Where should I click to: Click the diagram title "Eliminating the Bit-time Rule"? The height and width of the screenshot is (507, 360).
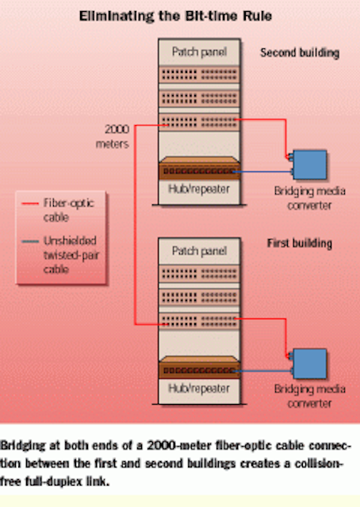click(175, 16)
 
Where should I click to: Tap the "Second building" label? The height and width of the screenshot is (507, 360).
click(300, 53)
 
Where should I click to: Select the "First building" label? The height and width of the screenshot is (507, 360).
click(300, 243)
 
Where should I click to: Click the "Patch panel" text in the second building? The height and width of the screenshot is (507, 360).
click(199, 51)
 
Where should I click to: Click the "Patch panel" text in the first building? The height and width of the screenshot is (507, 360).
click(199, 251)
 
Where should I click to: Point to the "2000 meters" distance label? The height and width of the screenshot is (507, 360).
click(113, 136)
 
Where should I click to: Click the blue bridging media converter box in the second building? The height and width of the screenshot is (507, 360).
click(309, 165)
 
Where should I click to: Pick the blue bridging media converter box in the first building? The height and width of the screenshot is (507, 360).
click(309, 364)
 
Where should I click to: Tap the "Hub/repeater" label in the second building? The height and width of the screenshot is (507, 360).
click(199, 189)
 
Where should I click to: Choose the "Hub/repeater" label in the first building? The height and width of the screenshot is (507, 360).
click(199, 388)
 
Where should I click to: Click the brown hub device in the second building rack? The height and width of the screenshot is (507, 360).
click(199, 168)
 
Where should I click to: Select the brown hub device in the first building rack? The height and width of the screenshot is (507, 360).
click(199, 368)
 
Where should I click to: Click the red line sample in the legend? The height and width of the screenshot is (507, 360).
click(30, 204)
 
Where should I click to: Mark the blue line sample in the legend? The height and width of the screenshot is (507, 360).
click(30, 241)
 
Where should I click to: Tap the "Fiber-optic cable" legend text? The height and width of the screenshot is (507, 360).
click(69, 210)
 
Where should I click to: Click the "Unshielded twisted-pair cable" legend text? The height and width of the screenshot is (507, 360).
click(71, 255)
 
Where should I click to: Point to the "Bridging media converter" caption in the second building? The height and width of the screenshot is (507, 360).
click(309, 198)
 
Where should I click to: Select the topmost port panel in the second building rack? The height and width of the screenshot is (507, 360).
click(199, 74)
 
